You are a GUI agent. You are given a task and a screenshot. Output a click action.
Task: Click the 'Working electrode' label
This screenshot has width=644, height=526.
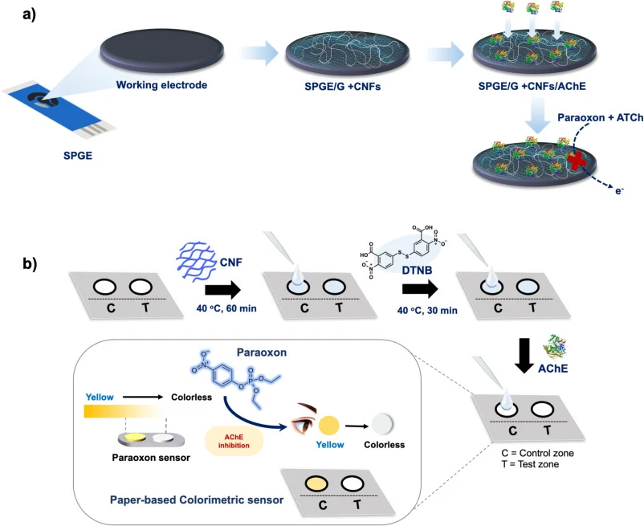[x=161, y=85]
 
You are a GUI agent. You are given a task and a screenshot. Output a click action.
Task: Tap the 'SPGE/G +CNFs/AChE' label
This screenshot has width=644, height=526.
[x=532, y=86]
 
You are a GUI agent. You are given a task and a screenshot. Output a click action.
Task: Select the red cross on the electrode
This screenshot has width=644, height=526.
[x=577, y=161]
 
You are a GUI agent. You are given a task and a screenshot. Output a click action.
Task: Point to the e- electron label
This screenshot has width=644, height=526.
[x=619, y=190]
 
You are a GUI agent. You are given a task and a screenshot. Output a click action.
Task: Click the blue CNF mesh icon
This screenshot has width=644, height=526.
[x=196, y=263]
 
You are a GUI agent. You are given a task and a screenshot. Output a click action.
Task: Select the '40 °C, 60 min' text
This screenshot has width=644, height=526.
[x=226, y=308]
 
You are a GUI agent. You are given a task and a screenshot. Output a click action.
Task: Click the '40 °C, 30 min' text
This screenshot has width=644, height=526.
[x=427, y=311]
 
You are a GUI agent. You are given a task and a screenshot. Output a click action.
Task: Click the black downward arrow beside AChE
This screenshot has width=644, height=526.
[x=524, y=356]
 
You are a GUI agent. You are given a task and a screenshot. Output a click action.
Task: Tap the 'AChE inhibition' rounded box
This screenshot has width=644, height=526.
[x=234, y=442]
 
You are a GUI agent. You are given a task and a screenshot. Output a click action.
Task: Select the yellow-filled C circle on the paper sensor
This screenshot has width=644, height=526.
[x=316, y=483]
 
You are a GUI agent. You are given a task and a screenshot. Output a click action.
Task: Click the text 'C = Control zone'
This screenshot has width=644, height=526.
[x=537, y=453]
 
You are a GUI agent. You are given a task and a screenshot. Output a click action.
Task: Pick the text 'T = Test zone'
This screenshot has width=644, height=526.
[x=530, y=464]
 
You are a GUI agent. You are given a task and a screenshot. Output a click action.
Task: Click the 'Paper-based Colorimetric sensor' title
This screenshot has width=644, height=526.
[x=197, y=500]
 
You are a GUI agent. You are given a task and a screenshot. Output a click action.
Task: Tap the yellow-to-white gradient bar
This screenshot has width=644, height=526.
[x=124, y=411]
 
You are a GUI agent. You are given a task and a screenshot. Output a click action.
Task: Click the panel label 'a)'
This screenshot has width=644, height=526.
[x=29, y=15]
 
